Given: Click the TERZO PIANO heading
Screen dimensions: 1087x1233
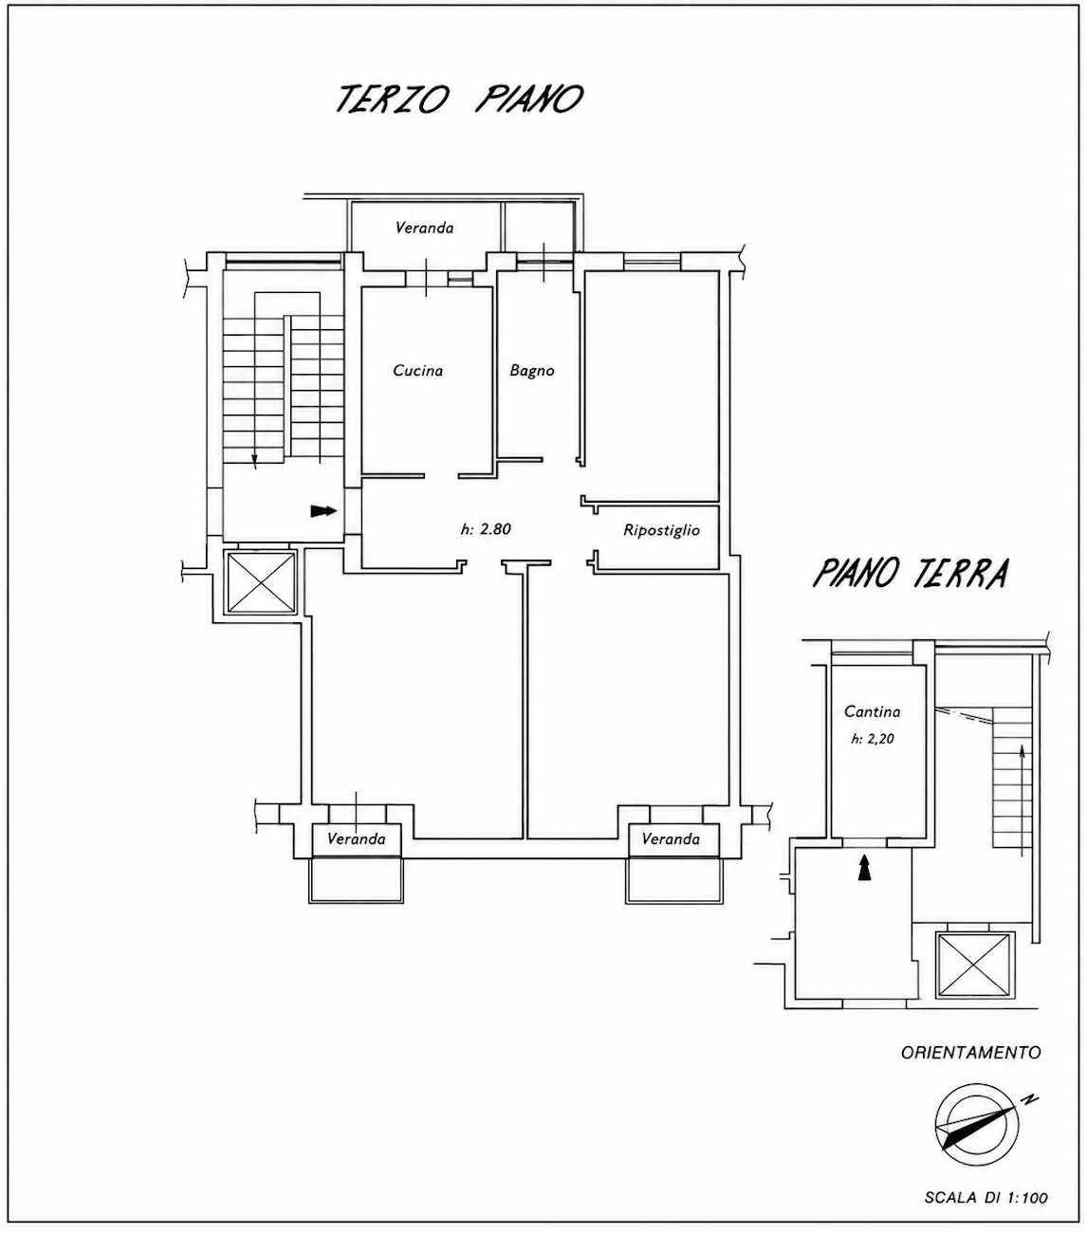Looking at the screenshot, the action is click(x=460, y=99).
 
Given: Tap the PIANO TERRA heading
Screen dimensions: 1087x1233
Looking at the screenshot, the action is click(x=911, y=573).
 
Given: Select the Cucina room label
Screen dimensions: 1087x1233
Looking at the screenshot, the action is click(x=417, y=370).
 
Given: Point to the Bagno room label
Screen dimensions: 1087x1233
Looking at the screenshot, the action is click(x=532, y=371).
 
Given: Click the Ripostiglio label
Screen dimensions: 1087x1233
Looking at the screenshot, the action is click(x=661, y=530).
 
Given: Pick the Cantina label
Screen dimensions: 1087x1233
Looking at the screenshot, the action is click(x=872, y=711).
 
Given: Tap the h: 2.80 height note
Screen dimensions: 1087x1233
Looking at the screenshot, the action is click(x=486, y=529).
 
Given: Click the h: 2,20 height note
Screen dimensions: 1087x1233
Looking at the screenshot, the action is click(x=873, y=740).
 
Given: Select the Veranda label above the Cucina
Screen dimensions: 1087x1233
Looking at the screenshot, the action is click(x=424, y=228).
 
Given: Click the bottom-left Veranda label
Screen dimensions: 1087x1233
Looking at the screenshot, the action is click(x=356, y=839).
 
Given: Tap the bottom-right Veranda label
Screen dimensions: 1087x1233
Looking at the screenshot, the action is click(x=671, y=839).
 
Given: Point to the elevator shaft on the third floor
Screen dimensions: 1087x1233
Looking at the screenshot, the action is click(x=261, y=581).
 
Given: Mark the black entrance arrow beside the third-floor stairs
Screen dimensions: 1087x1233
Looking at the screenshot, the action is click(x=323, y=511).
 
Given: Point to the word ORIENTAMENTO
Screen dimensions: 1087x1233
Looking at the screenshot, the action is click(x=970, y=1052).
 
